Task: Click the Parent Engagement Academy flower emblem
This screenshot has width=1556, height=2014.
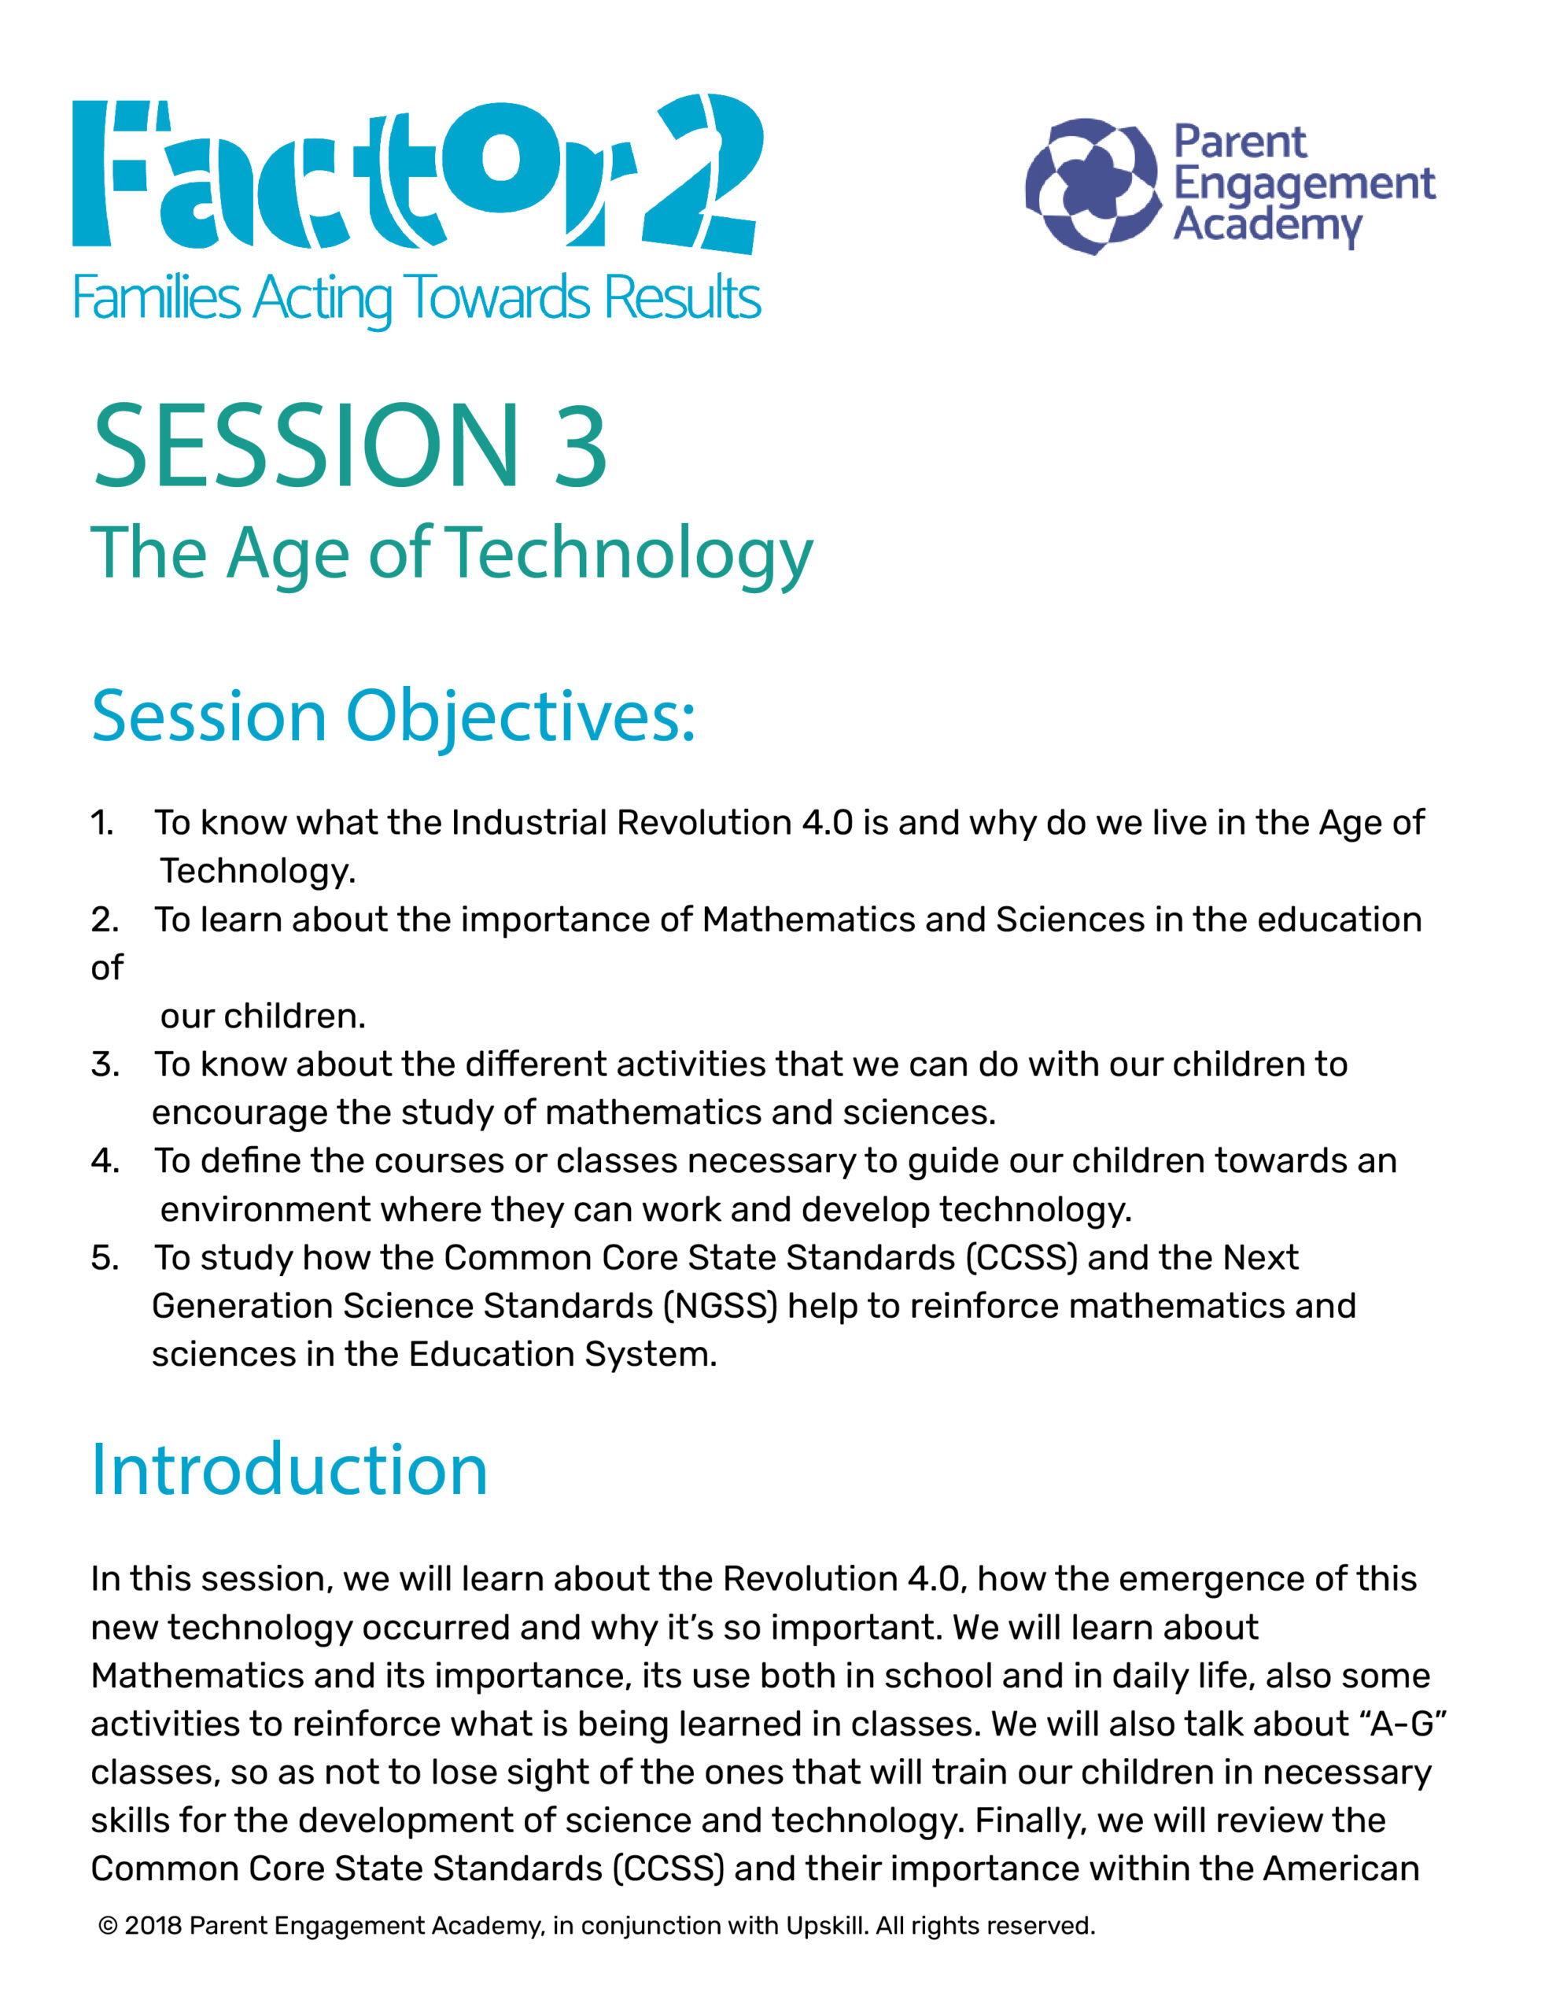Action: pos(1093,186)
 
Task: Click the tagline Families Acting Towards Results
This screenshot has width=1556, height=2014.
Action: pos(416,299)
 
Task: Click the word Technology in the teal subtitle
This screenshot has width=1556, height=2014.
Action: pos(632,553)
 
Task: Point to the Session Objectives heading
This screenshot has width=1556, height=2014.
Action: pos(393,717)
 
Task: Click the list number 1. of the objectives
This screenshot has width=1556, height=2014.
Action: pos(102,823)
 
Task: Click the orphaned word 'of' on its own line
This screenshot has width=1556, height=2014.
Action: pos(107,968)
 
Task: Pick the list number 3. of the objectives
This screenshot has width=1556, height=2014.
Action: pos(104,1064)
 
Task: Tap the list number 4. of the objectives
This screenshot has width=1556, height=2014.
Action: pos(104,1161)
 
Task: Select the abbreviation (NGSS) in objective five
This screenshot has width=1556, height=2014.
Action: pos(721,1307)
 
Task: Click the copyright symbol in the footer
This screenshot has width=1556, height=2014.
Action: pos(108,1927)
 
